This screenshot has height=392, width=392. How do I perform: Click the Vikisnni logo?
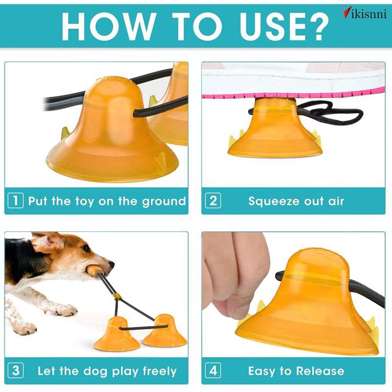tap(364, 14)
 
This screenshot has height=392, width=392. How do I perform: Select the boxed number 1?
tap(16, 200)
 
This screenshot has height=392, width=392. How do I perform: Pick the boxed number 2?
tap(213, 200)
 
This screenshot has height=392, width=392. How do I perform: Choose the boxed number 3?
tap(16, 370)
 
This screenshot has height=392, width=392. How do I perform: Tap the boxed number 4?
tap(213, 370)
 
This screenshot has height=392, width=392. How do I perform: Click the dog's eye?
tap(86, 248)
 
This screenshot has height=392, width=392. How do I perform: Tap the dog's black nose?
tap(111, 265)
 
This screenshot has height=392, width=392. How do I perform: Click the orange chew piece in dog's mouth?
tap(93, 270)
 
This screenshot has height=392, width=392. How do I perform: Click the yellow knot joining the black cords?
tap(117, 297)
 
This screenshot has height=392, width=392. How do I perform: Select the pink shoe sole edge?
tap(293, 94)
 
